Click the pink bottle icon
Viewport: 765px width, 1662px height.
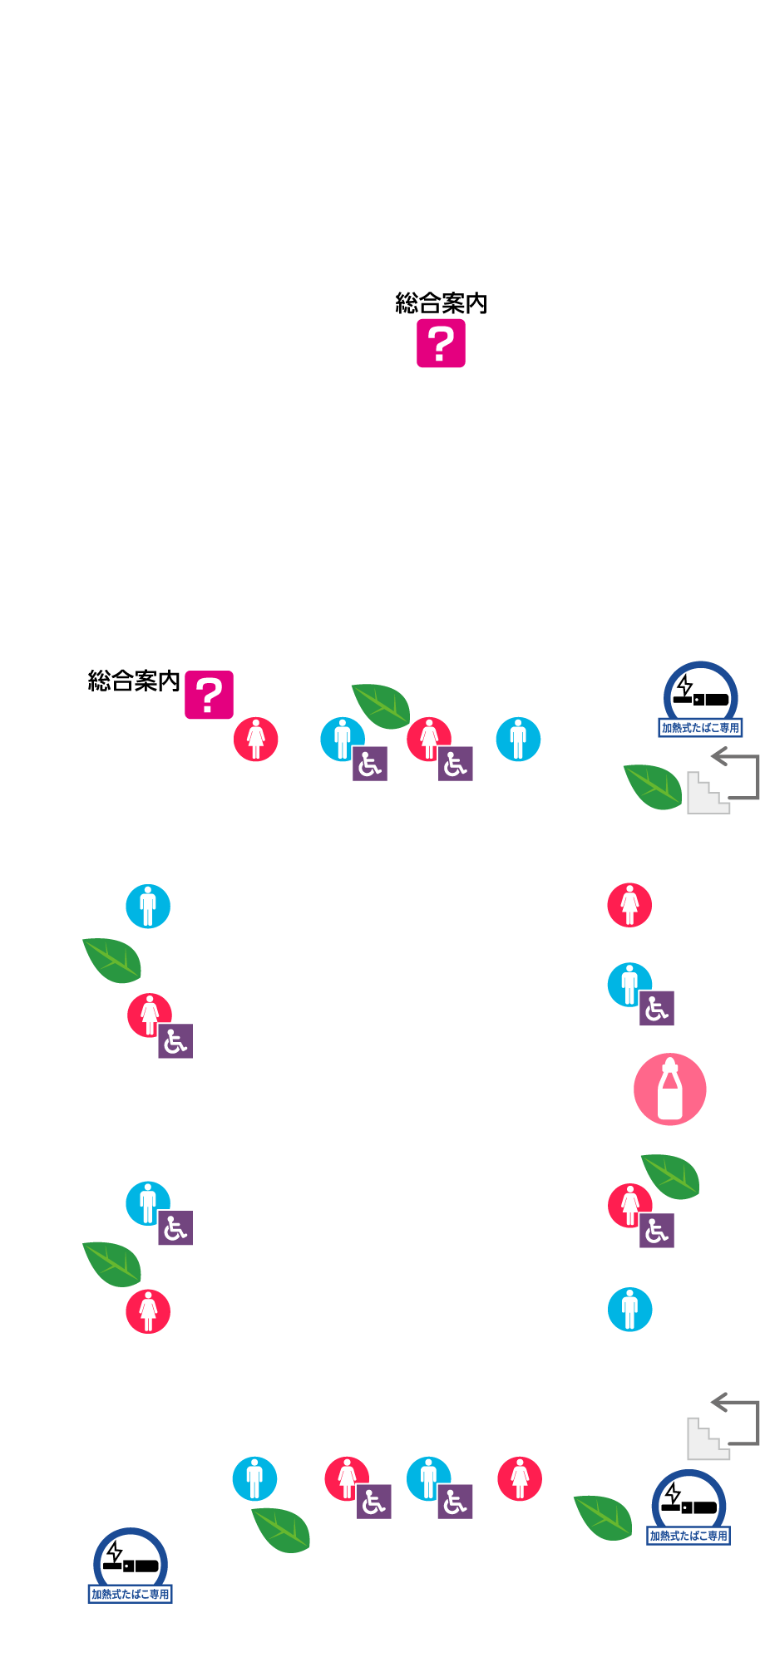point(669,1089)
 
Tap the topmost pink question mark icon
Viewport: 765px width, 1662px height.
point(441,342)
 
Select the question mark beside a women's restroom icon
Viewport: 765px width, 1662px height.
point(209,695)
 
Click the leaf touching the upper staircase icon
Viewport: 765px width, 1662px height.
point(654,786)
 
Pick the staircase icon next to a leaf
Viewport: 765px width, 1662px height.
point(707,794)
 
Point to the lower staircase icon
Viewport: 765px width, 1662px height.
point(707,1439)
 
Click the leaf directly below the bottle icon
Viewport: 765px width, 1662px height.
point(670,1176)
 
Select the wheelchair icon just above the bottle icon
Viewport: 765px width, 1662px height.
point(657,1008)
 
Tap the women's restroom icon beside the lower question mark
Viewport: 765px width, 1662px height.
point(255,739)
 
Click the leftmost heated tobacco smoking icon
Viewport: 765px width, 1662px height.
point(131,1562)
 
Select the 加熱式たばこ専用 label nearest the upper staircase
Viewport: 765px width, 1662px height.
point(700,728)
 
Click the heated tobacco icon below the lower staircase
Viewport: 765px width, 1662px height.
point(688,1504)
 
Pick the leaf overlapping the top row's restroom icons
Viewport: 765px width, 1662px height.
point(381,706)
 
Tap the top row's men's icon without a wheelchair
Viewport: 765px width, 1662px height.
point(518,739)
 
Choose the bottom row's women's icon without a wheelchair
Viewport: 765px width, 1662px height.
point(520,1478)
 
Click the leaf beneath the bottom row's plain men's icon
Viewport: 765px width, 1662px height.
point(281,1529)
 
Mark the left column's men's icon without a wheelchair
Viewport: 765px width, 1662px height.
point(148,906)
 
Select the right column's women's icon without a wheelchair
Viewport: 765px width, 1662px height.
point(629,905)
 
